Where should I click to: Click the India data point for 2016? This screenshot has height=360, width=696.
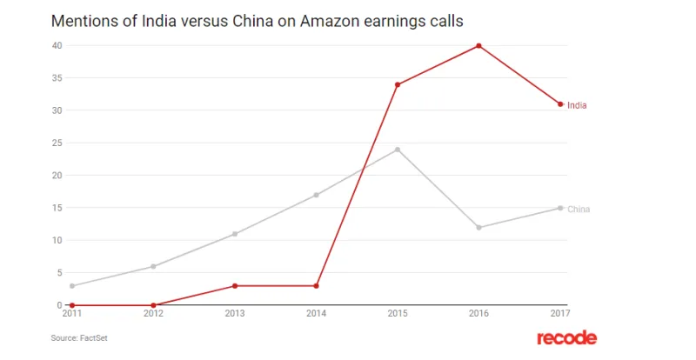click(x=478, y=45)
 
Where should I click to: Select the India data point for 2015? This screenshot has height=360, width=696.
click(x=398, y=84)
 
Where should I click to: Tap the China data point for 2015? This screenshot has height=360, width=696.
click(x=398, y=150)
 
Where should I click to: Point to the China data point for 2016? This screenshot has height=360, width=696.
click(x=478, y=228)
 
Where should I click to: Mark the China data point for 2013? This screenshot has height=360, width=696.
click(x=235, y=234)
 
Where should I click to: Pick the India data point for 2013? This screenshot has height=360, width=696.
click(x=235, y=286)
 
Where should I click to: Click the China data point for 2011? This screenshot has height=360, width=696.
click(x=72, y=286)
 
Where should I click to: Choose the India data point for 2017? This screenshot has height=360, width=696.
click(x=560, y=104)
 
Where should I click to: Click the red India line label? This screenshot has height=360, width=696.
click(x=577, y=105)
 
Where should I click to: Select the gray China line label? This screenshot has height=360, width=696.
click(x=579, y=210)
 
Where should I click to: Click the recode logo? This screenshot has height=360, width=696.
click(x=566, y=337)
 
